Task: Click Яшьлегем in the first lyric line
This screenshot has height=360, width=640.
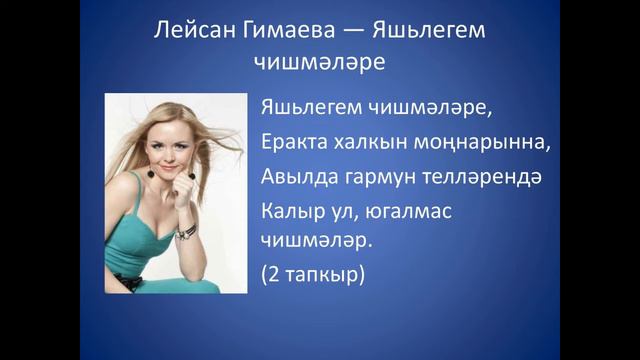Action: pos(313,108)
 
